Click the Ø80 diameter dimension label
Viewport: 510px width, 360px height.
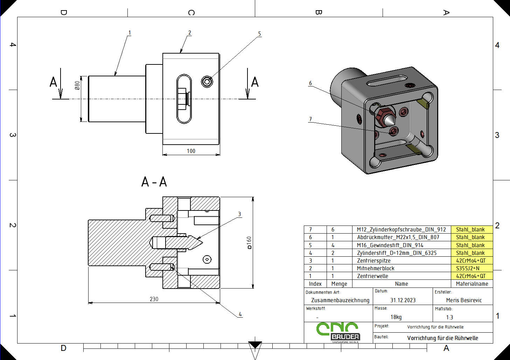[x=77, y=85]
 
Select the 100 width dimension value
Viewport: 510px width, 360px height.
[x=191, y=151]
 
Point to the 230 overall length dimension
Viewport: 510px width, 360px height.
[x=154, y=299]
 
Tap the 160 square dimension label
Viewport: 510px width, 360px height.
[x=249, y=243]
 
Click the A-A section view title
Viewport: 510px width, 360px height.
[x=154, y=182]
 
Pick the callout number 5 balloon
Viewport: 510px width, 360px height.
[x=259, y=34]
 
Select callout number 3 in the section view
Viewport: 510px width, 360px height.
[x=239, y=214]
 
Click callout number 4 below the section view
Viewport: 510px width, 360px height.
[x=240, y=314]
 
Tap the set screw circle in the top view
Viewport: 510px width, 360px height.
[x=207, y=82]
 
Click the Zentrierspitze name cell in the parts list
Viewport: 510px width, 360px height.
[x=373, y=261]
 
